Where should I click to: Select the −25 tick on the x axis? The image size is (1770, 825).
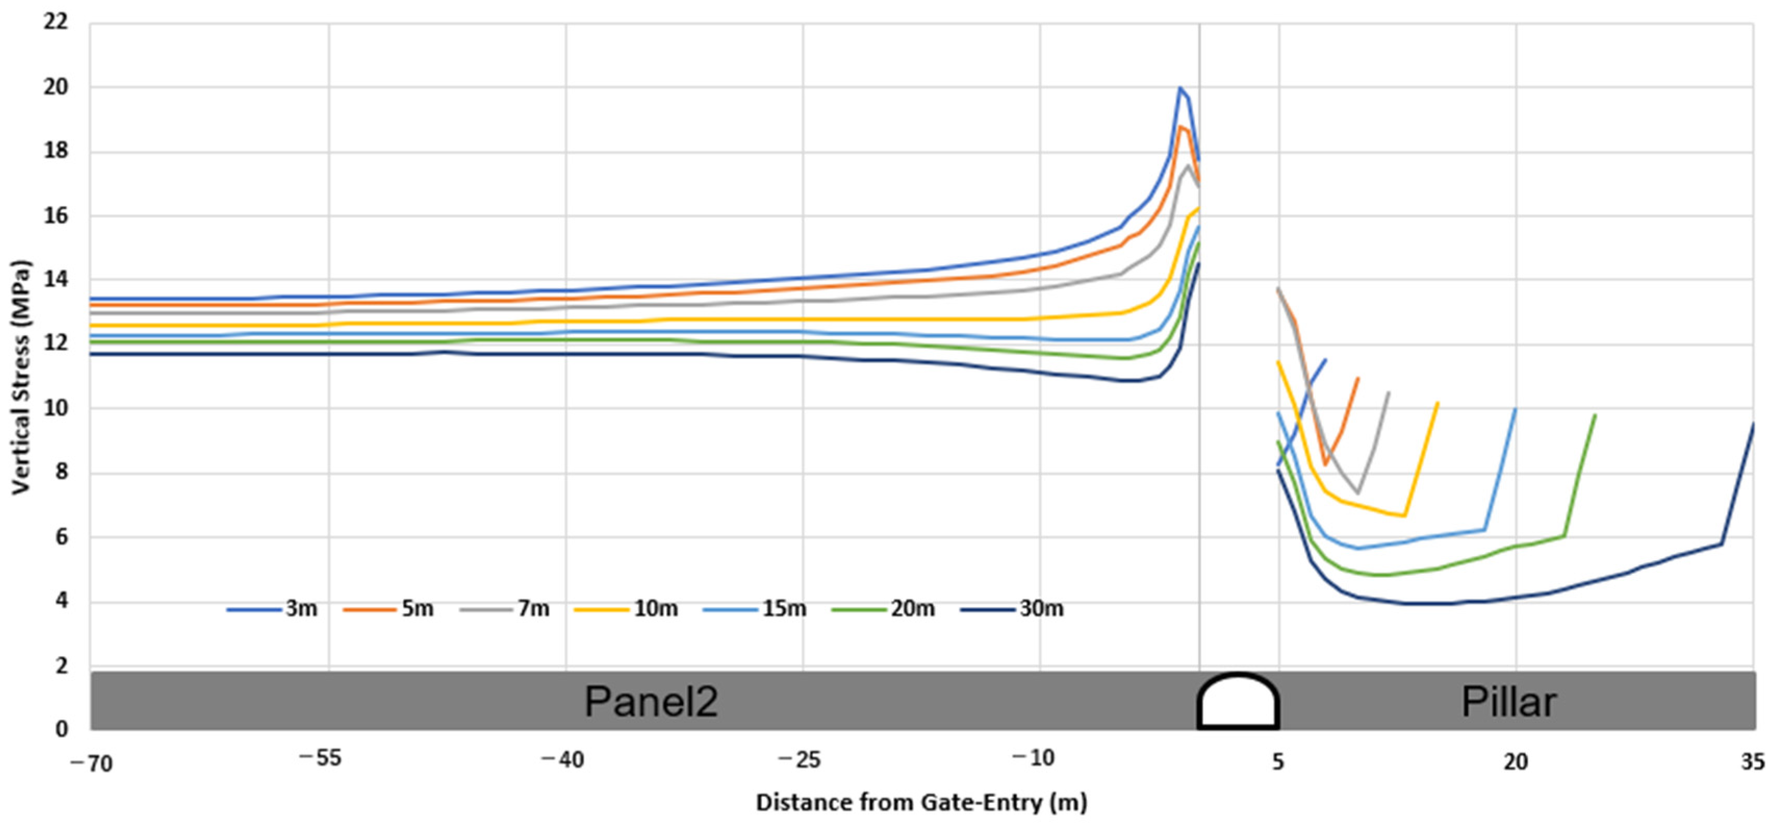796,760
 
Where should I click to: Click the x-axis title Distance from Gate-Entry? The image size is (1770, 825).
921,802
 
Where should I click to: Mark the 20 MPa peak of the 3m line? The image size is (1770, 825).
1180,88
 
